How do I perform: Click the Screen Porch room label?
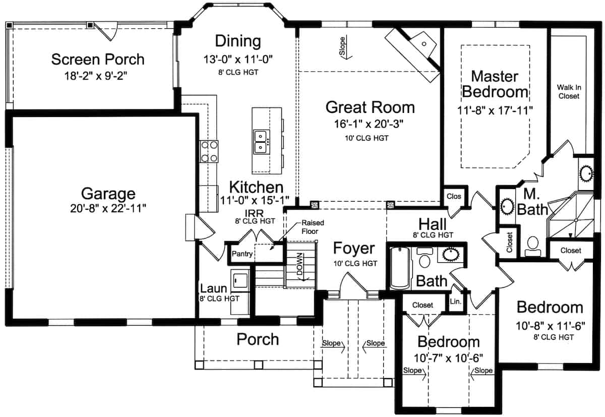pos(98,59)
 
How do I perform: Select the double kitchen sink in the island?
pos(261,142)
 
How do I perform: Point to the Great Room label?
pos(370,107)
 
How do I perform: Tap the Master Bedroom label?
pos(495,84)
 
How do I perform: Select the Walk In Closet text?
pos(568,91)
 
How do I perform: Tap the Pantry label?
pos(242,254)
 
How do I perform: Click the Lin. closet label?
pos(455,302)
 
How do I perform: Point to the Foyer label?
pos(354,248)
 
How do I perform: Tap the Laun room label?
pos(213,289)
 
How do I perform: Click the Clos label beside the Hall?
pos(454,197)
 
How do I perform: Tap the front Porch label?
pos(258,339)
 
